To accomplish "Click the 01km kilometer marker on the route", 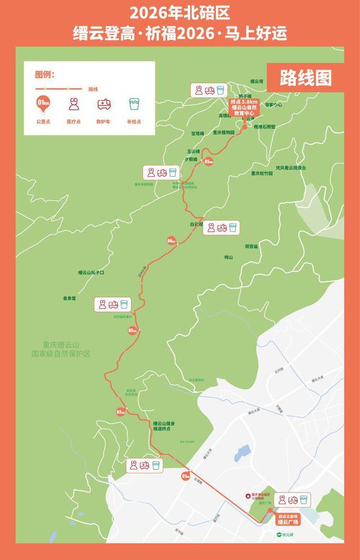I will pos(186,476).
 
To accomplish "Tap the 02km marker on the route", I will pos(120,412).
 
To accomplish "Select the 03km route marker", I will pos(133,330).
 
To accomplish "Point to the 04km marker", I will pos(172,241).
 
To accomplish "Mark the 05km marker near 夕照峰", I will pos(209,162).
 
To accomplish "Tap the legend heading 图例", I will pos(44,75).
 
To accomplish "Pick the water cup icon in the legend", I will pos(134,105).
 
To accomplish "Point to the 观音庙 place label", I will pos(251,246).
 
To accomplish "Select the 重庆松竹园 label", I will pos(262,173).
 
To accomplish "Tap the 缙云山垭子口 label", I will pos(91,272).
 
